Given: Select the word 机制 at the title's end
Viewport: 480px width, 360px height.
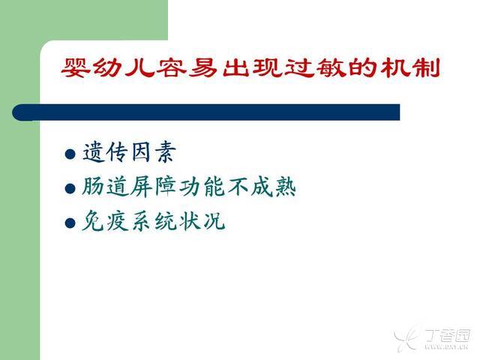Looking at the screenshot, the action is pos(410,67).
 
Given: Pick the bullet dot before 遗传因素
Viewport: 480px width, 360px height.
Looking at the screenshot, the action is pos(70,154).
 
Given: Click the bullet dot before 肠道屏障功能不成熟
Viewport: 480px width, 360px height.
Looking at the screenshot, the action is pos(70,188).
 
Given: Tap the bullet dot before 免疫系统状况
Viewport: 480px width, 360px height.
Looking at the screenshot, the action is pos(70,223).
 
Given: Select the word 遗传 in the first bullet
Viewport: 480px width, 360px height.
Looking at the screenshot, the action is pos(105,152).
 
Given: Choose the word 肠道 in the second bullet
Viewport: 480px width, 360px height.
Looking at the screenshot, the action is pos(105,187).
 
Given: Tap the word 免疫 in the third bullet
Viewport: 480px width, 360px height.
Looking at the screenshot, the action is pos(105,220).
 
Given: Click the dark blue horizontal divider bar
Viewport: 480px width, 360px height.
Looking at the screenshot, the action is pos(206,112).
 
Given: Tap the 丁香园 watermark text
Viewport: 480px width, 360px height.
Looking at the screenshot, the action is pos(448,335).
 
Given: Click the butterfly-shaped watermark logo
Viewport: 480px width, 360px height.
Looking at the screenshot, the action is pos(406,336).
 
